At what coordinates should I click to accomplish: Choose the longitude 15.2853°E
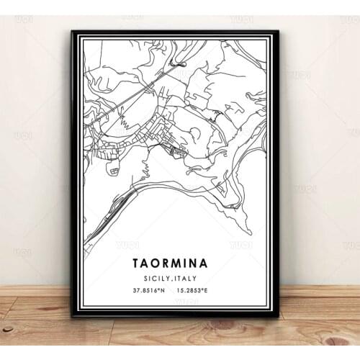204,291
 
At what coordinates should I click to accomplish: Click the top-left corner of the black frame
73,32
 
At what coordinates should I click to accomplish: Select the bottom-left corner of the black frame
73,315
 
